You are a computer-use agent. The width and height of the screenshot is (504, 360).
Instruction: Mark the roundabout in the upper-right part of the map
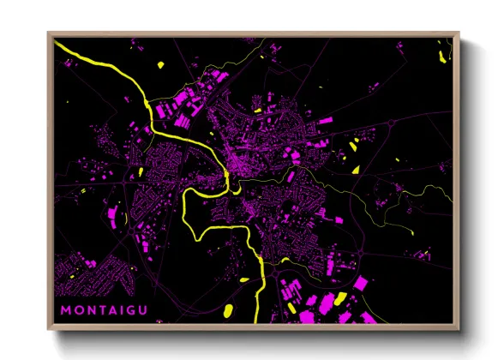tap(392, 125)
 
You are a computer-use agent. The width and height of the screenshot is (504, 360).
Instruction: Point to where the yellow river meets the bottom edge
tap(255, 323)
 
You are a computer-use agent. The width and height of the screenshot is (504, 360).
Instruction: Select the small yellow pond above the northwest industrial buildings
tap(161, 64)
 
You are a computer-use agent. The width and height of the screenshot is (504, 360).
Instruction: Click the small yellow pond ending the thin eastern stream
tap(354, 169)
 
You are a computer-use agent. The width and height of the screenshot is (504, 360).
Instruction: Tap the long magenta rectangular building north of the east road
tap(325, 123)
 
